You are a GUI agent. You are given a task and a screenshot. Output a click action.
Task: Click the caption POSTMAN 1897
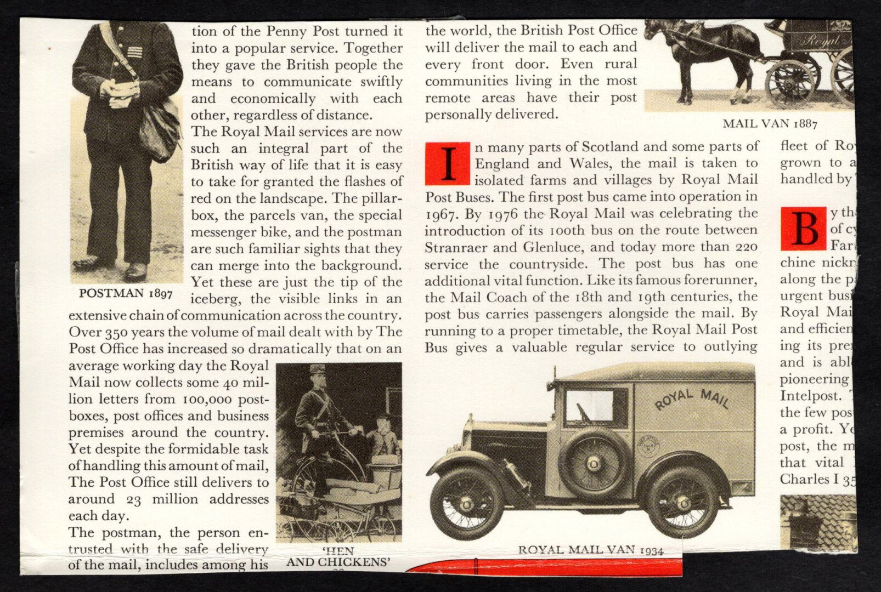click(126, 293)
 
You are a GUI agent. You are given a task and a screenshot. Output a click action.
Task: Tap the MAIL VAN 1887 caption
click(770, 123)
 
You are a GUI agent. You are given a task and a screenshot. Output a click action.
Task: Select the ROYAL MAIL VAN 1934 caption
click(590, 550)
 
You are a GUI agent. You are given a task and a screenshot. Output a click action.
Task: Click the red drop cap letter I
click(448, 163)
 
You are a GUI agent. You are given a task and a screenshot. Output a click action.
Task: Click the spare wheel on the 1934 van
click(594, 464)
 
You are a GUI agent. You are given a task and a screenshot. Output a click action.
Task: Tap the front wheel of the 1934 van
click(467, 502)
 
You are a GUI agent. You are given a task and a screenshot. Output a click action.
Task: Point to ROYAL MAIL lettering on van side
click(692, 399)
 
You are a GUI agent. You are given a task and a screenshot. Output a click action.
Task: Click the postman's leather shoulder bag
click(159, 132)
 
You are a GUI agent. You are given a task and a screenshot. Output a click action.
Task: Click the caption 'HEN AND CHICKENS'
click(338, 556)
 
